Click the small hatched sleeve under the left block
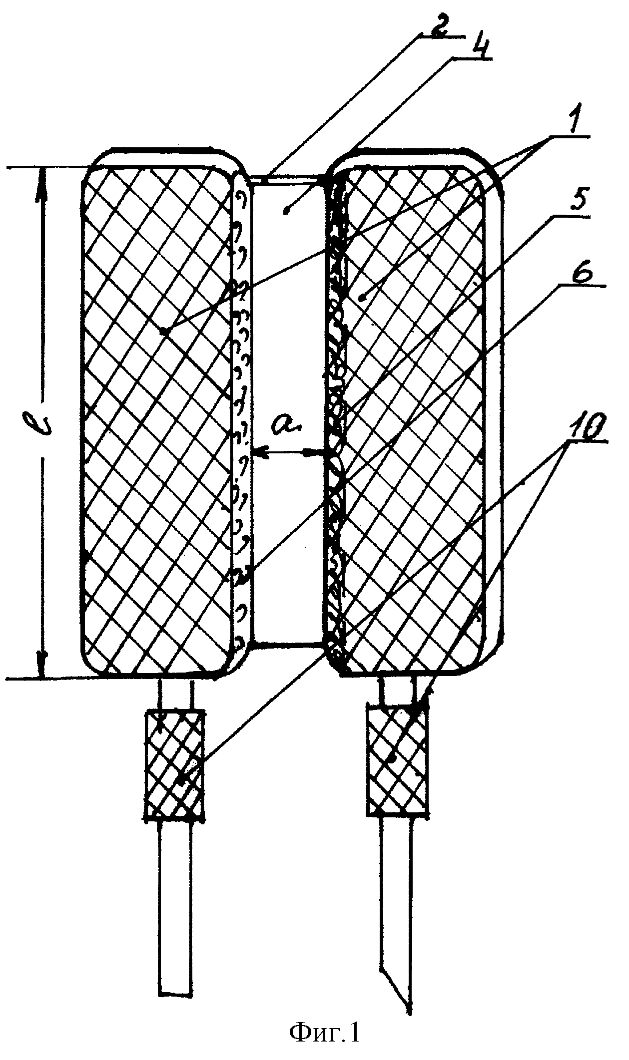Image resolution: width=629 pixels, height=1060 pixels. tap(174, 764)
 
